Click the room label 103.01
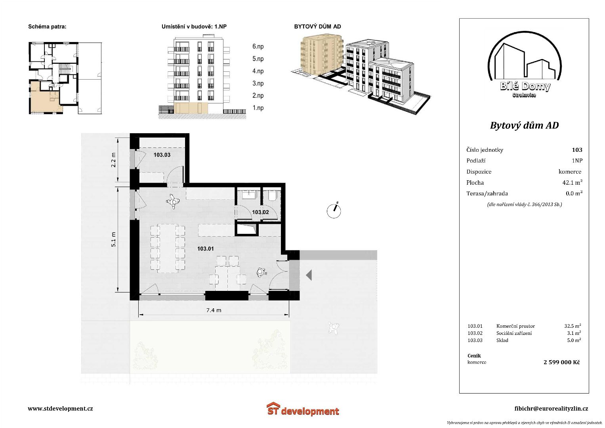pyautogui.click(x=206, y=248)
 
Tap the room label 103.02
pyautogui.click(x=260, y=212)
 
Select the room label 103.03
pyautogui.click(x=162, y=155)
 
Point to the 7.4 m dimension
pyautogui.click(x=214, y=310)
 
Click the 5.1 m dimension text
pyautogui.click(x=113, y=239)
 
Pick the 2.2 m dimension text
pyautogui.click(x=113, y=160)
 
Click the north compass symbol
pyautogui.click(x=334, y=210)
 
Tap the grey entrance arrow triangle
pyautogui.click(x=309, y=275)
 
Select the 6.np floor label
pyautogui.click(x=258, y=46)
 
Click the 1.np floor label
pyautogui.click(x=258, y=108)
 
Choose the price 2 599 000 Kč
pyautogui.click(x=562, y=362)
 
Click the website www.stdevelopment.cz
pyautogui.click(x=60, y=408)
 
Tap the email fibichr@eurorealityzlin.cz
pyautogui.click(x=551, y=409)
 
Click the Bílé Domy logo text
pyautogui.click(x=525, y=86)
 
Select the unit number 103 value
pyautogui.click(x=577, y=150)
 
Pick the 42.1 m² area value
pyautogui.click(x=573, y=182)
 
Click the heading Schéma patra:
pyautogui.click(x=47, y=27)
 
